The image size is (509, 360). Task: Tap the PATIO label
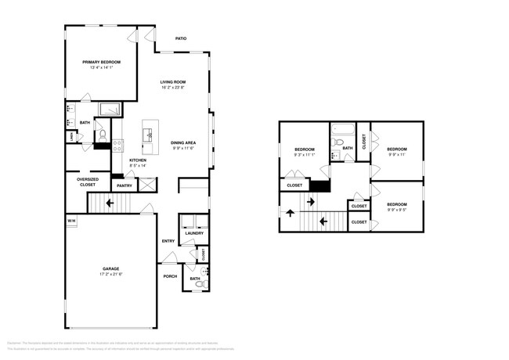[180, 38]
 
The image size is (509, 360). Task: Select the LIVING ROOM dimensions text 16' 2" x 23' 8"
[173, 88]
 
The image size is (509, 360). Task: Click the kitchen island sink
[148, 135]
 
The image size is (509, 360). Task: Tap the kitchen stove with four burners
[117, 144]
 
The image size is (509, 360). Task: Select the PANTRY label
[124, 185]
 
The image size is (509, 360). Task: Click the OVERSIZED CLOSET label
[88, 182]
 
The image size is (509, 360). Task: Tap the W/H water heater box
[70, 221]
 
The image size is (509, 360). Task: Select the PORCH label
[170, 276]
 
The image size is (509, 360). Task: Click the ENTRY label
[168, 241]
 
